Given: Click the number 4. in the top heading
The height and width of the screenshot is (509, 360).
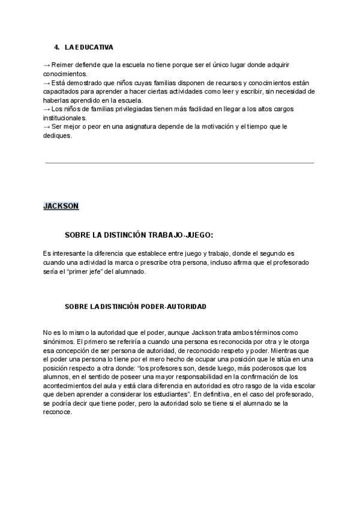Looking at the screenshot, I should click(x=56, y=47).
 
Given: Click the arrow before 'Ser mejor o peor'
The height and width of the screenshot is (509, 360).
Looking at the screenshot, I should click(x=47, y=127).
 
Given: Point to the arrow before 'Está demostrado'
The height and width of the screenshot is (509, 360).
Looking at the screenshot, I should click(x=47, y=82).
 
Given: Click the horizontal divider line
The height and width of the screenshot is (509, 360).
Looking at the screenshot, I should click(x=179, y=163).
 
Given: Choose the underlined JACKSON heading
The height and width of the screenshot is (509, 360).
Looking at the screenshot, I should click(x=61, y=206).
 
